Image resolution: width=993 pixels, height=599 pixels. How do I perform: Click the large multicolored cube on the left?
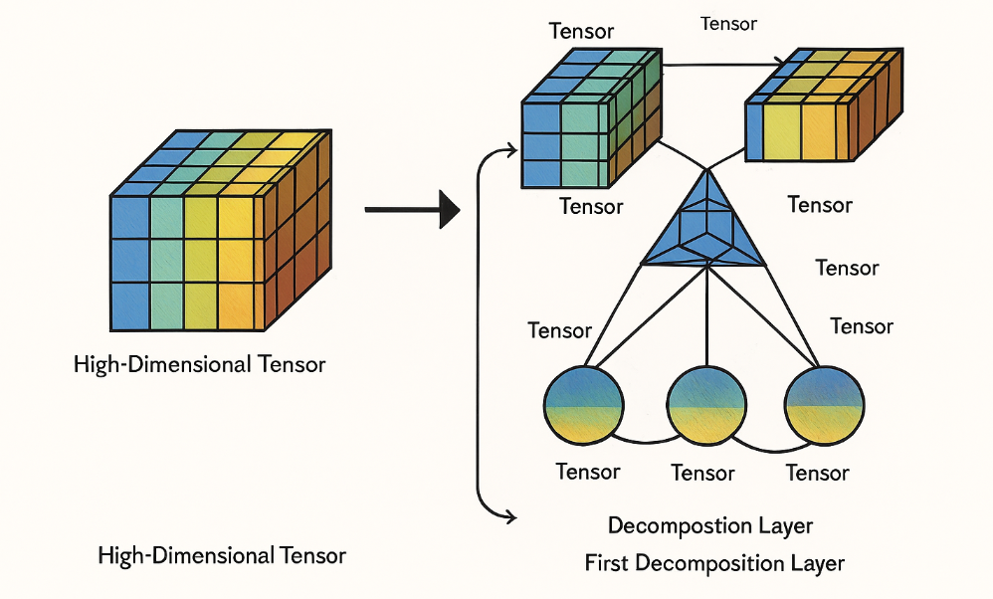[220, 234]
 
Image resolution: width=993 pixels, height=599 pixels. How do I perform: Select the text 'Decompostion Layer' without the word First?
[710, 525]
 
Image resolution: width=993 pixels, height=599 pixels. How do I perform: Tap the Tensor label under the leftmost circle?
[588, 472]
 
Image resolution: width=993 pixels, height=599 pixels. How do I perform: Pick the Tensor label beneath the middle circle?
[703, 473]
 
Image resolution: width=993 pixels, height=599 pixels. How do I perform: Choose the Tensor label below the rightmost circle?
[818, 472]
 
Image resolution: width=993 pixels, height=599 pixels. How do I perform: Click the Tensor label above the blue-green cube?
[581, 31]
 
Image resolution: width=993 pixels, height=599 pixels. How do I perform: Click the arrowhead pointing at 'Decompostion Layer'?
[509, 514]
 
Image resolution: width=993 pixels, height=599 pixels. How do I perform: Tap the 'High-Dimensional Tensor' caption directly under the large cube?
[200, 364]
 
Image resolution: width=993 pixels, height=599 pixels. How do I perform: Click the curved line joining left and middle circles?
[645, 441]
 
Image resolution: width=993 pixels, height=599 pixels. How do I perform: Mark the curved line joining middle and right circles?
[765, 441]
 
